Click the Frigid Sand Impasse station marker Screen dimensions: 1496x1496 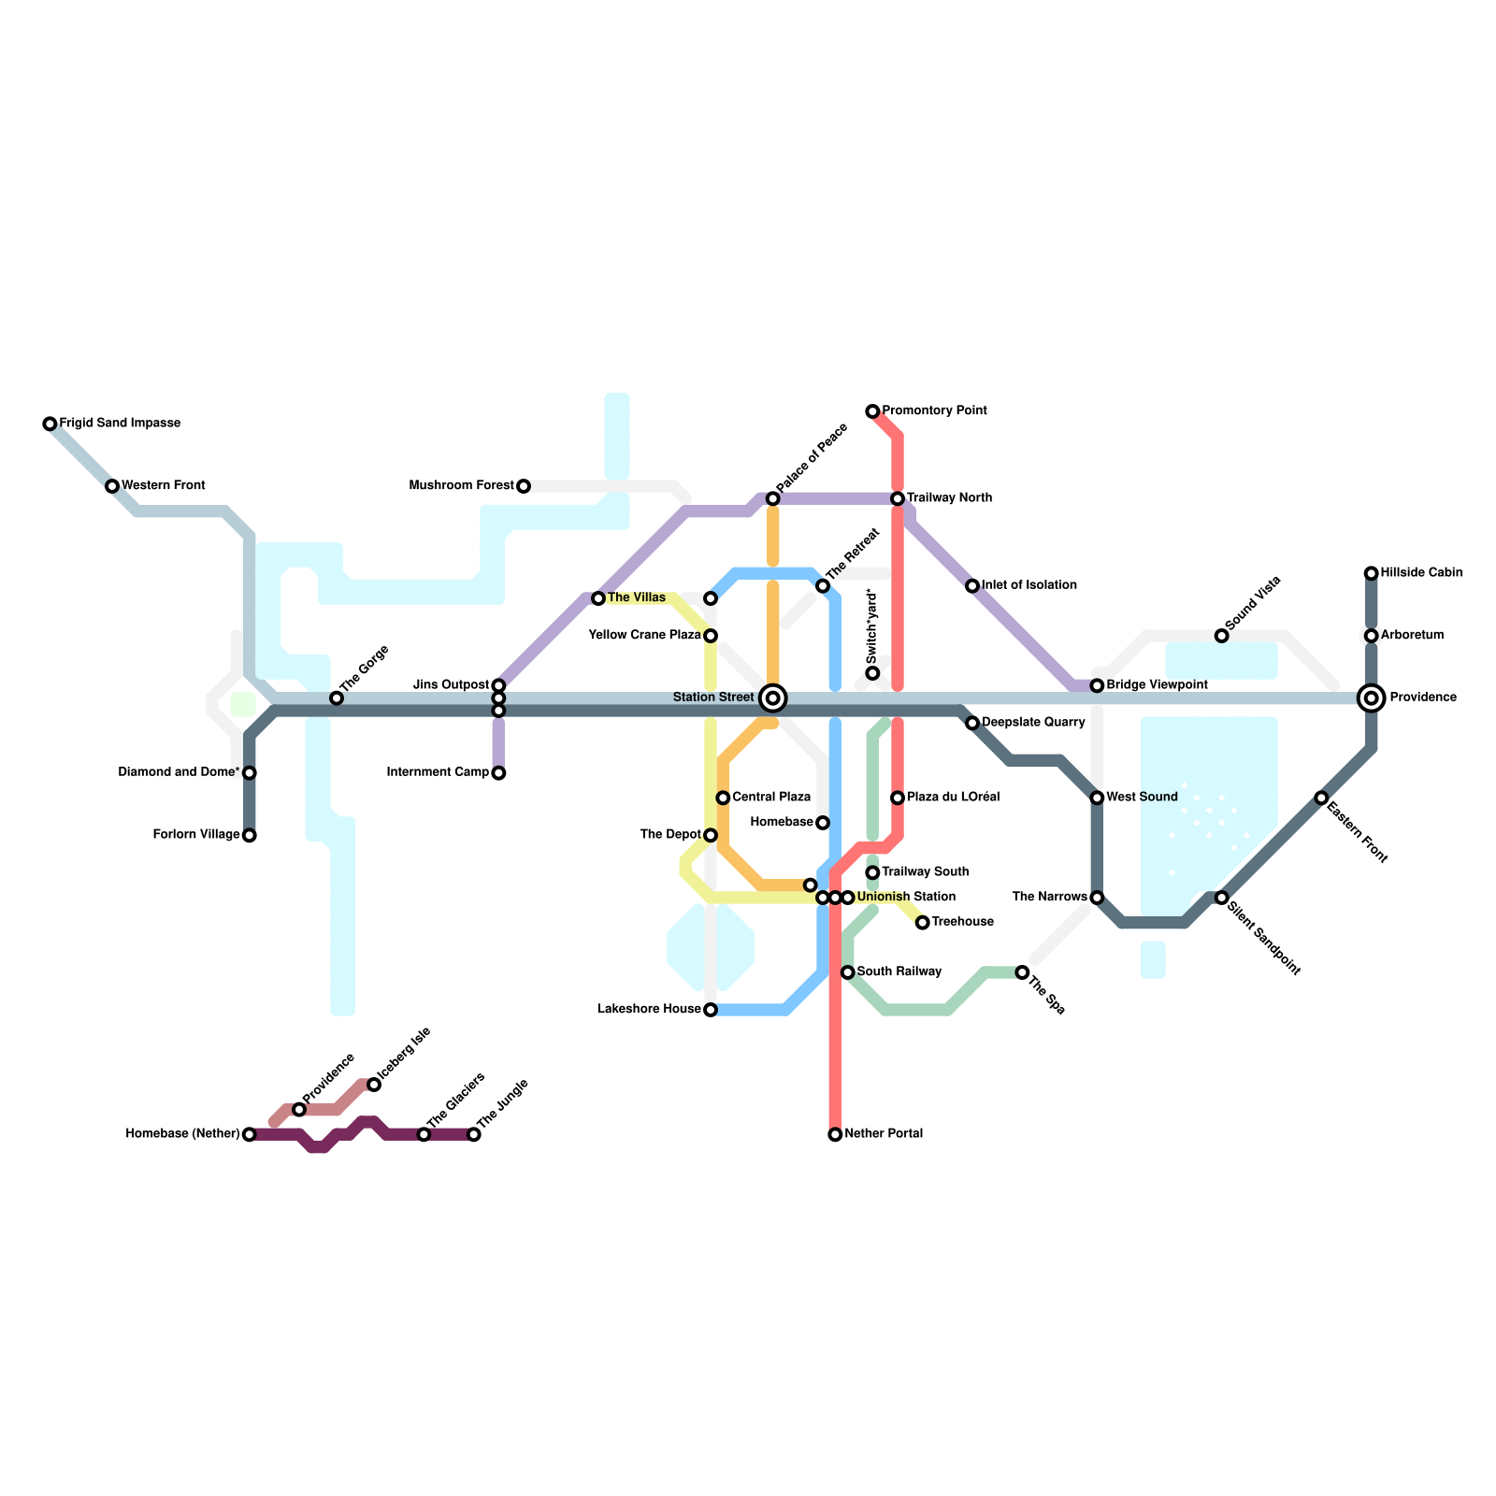(x=50, y=424)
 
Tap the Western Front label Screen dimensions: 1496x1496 (x=164, y=486)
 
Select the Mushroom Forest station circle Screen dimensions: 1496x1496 (x=524, y=486)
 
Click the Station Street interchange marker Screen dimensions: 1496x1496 (x=773, y=698)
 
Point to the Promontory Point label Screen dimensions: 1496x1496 (x=934, y=411)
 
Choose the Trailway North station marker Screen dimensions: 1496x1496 (x=898, y=499)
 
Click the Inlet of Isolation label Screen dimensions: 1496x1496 (x=1029, y=586)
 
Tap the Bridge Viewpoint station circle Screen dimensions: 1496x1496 (x=1097, y=686)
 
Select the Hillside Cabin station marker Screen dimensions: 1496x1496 (x=1371, y=573)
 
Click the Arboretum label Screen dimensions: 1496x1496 (x=1412, y=636)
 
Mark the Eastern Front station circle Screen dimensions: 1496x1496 (x=1321, y=798)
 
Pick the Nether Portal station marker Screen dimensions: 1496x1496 (x=835, y=1135)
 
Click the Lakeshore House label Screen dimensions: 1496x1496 (x=649, y=1010)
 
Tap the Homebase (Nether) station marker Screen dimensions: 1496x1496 (x=249, y=1135)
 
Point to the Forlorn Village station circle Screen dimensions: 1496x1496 (x=249, y=836)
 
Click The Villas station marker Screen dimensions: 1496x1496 (x=598, y=598)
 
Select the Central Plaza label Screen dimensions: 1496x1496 (x=771, y=798)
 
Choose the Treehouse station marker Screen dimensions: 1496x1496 (x=923, y=923)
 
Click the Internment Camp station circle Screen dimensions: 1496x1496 (x=498, y=773)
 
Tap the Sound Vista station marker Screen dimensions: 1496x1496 (x=1221, y=636)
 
